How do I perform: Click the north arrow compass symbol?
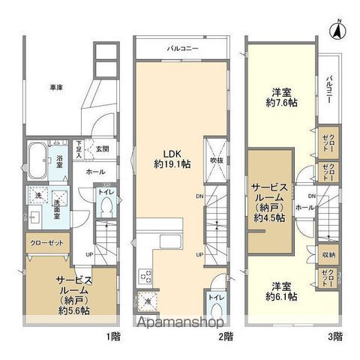coord(338,31)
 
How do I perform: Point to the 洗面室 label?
coord(58,208)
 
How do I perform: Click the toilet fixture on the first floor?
coord(107,203)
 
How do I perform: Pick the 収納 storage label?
coord(327,254)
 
